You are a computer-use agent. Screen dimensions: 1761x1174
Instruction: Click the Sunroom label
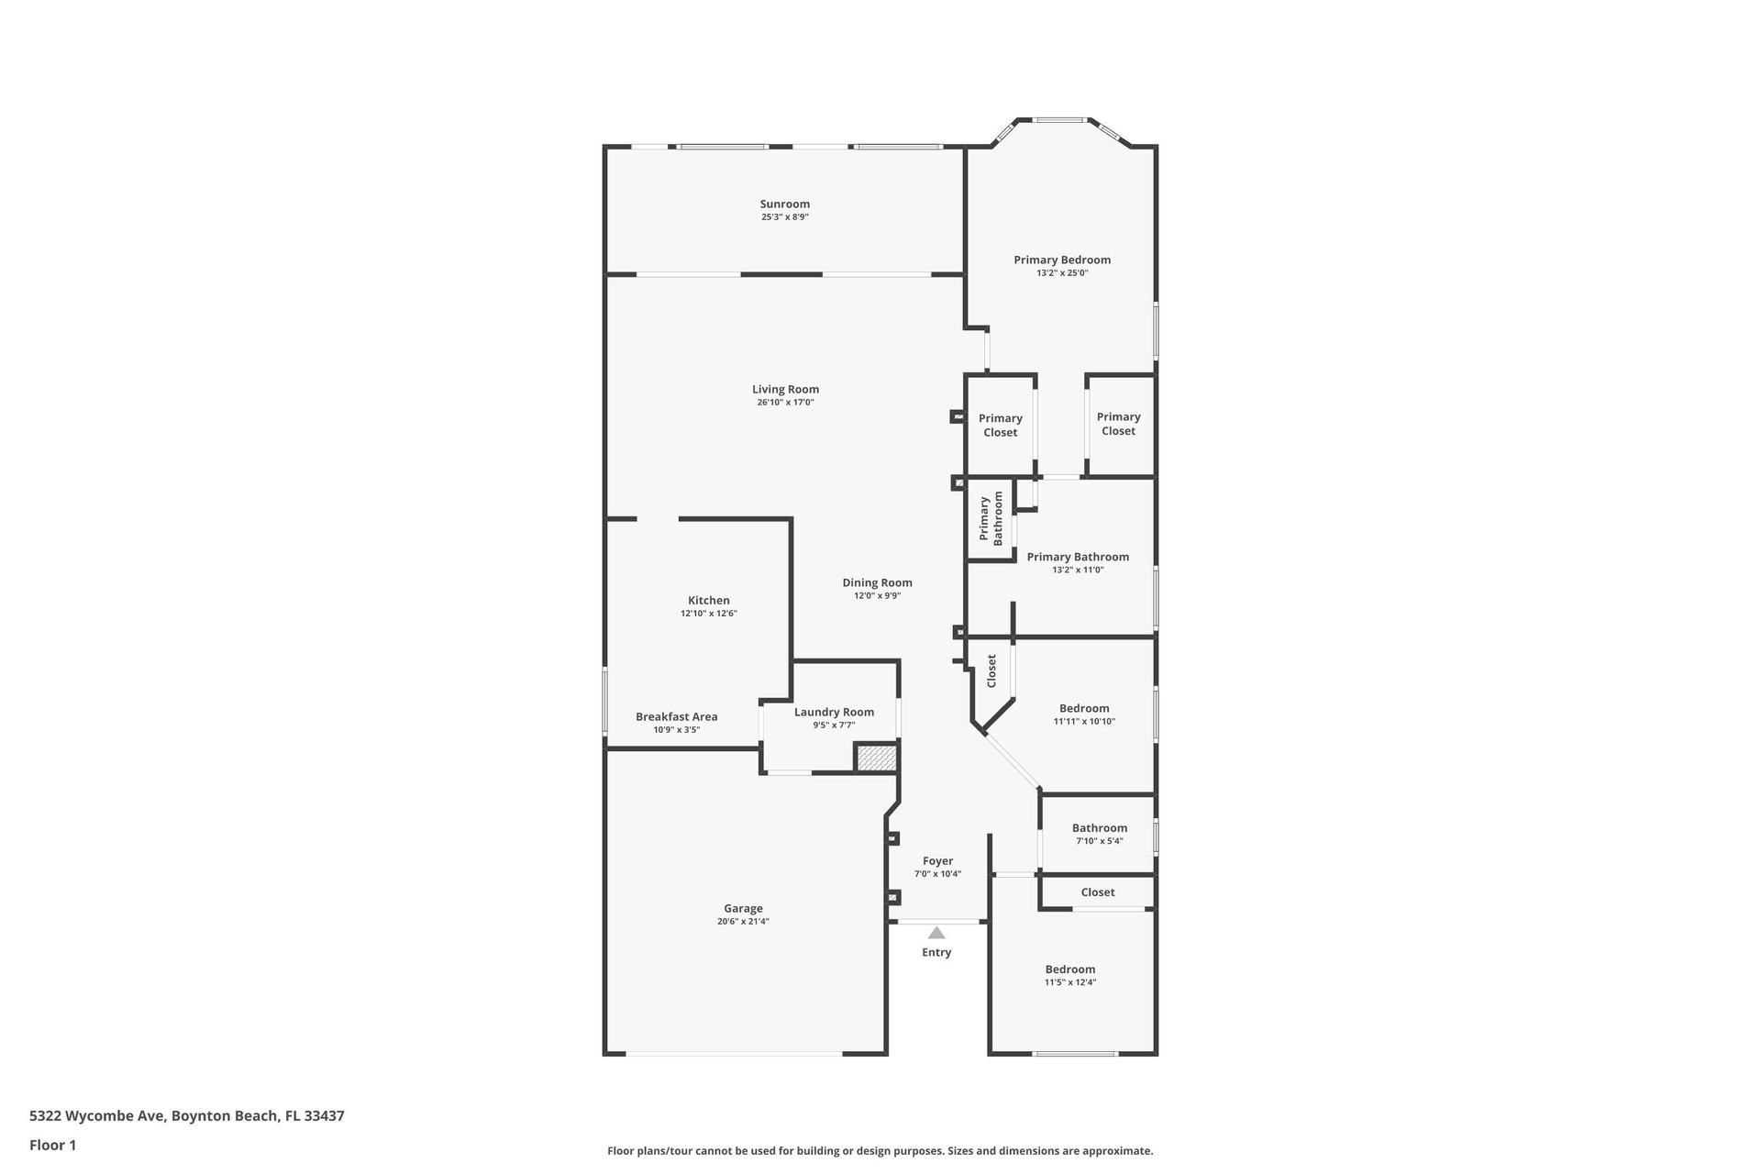tap(784, 204)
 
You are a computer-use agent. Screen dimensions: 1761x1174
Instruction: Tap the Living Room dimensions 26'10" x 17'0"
tap(785, 402)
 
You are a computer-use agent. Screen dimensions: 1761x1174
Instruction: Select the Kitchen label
tap(709, 600)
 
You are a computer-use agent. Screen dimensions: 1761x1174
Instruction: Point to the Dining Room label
tap(877, 582)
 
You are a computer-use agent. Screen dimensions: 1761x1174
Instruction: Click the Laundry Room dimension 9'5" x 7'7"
tap(834, 725)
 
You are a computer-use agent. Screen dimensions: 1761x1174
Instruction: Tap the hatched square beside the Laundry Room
tap(876, 759)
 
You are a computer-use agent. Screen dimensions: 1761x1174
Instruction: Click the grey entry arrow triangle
tap(936, 933)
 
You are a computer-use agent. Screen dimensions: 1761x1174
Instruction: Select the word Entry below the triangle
tap(936, 952)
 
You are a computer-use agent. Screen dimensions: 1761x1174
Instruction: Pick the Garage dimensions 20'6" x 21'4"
tap(743, 921)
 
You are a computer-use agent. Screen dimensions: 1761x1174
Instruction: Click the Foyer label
tap(937, 860)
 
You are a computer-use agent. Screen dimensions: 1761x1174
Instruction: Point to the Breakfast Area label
tap(677, 716)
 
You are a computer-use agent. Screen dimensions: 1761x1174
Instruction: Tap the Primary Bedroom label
tap(1062, 260)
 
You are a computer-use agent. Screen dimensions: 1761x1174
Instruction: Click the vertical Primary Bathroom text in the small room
tap(991, 518)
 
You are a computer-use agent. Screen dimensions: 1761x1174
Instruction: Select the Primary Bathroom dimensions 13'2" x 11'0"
tap(1078, 570)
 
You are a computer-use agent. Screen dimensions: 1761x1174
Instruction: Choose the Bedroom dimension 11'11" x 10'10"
tap(1084, 721)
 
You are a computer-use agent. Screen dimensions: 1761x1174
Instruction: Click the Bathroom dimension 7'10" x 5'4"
tap(1099, 841)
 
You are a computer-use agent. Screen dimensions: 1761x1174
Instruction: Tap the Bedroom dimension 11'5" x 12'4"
tap(1070, 982)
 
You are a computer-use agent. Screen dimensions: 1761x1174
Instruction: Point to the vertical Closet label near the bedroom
tap(991, 670)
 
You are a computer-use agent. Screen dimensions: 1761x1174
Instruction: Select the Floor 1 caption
tap(52, 1145)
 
